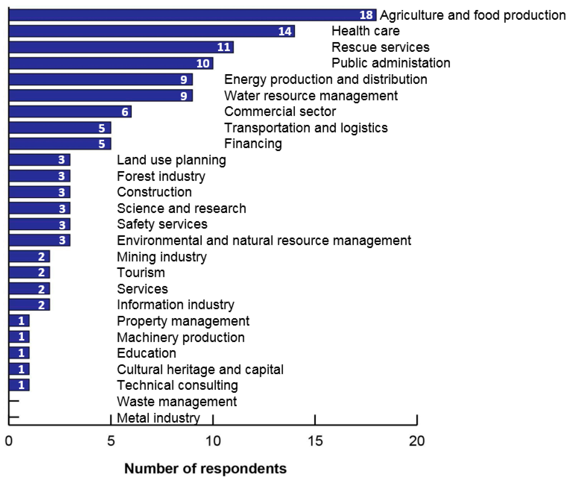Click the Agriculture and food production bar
pos(190,15)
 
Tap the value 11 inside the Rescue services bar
pos(224,47)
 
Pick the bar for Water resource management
pos(101,95)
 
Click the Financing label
pos(253,144)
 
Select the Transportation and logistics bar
pos(60,128)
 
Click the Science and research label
pos(181,208)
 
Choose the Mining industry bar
pos(29,256)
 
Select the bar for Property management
pos(19,321)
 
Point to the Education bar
pos(19,353)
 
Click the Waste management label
pos(177,402)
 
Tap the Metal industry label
pos(158,418)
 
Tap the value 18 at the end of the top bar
pos(366,15)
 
